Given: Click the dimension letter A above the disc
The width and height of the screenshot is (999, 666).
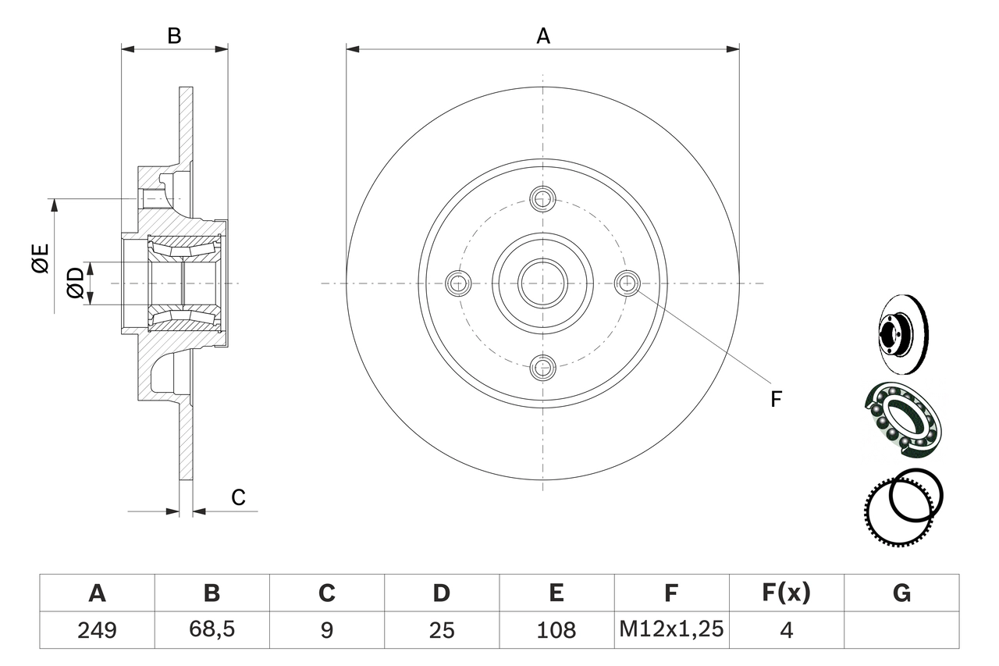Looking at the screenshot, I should (x=543, y=35).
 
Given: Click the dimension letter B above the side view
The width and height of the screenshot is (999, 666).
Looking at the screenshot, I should (x=175, y=35).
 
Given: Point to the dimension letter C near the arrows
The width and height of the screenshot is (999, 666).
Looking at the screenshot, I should (x=239, y=497).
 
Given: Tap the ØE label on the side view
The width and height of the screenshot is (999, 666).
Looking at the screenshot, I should (x=41, y=258).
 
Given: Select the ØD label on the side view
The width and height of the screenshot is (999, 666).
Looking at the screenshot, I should (x=75, y=282).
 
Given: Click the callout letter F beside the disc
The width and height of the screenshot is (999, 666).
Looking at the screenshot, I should (x=776, y=399).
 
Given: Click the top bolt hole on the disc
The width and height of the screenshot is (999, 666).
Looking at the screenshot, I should (x=542, y=198).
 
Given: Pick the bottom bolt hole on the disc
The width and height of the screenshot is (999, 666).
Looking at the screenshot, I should (x=542, y=366).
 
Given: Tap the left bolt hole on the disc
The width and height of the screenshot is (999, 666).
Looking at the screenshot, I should (x=458, y=283).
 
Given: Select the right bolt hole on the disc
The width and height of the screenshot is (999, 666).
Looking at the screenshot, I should (x=627, y=283).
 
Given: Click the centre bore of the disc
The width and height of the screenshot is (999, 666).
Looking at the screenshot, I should (x=542, y=283).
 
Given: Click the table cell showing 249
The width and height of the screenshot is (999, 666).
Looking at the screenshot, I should (x=98, y=629).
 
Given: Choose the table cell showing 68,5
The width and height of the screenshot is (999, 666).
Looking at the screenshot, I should (x=212, y=629).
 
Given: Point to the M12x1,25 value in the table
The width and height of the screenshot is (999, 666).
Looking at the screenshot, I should (x=671, y=629).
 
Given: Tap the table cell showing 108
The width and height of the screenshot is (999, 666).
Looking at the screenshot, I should (x=556, y=629).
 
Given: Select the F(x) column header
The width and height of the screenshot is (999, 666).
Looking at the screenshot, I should (x=786, y=593).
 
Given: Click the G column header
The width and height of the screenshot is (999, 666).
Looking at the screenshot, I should (x=901, y=593).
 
